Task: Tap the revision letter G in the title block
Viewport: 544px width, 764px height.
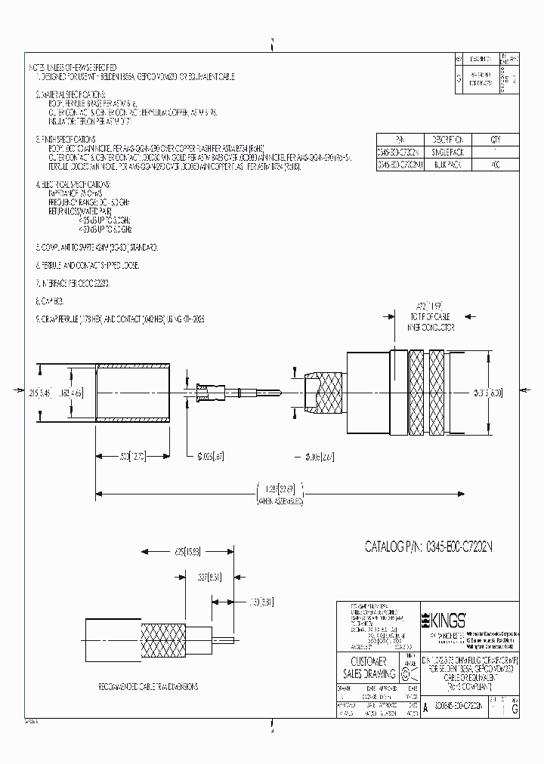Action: tap(515, 710)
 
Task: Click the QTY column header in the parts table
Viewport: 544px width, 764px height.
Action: tap(495, 140)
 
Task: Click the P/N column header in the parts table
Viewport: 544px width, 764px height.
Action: tap(400, 140)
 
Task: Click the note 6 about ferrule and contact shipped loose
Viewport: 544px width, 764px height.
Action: tap(87, 266)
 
